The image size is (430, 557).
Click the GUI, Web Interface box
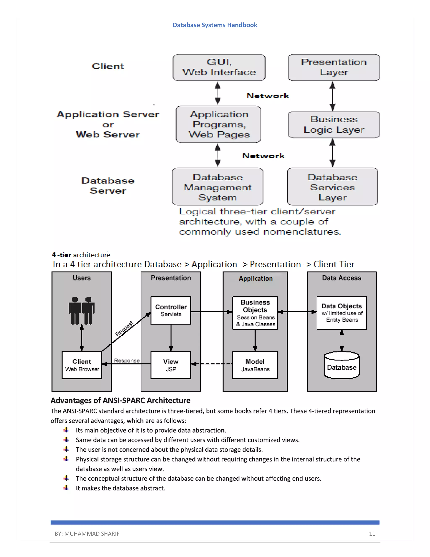(x=219, y=67)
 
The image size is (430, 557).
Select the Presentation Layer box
(x=334, y=67)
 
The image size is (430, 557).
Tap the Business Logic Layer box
(x=334, y=124)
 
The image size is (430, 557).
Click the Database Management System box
(x=218, y=187)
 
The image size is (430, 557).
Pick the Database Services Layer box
(x=332, y=187)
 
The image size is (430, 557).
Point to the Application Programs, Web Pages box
(x=219, y=124)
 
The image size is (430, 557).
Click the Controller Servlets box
(x=171, y=310)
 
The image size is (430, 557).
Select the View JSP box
(x=171, y=365)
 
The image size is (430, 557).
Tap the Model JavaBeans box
(x=255, y=365)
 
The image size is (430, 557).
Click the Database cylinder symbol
(x=342, y=365)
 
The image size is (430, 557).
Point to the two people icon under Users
(x=81, y=310)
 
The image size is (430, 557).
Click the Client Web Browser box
(x=82, y=365)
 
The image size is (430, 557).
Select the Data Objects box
(x=342, y=313)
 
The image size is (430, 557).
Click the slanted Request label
(x=124, y=329)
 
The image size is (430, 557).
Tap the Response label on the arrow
(x=127, y=360)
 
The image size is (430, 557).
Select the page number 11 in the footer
(x=372, y=533)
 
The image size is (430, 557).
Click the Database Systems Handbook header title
(x=215, y=25)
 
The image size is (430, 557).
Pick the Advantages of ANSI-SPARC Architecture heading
(x=120, y=400)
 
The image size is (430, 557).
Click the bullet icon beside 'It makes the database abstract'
(x=66, y=488)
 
